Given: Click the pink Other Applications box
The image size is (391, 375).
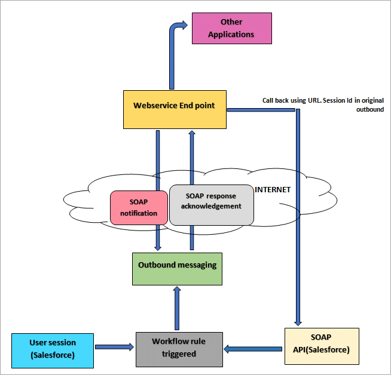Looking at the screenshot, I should pyautogui.click(x=232, y=29).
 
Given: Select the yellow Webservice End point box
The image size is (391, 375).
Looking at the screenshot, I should pyautogui.click(x=175, y=109).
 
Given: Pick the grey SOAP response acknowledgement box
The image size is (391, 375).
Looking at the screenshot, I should pyautogui.click(x=211, y=205).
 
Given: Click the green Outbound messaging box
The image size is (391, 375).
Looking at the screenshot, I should pyautogui.click(x=177, y=268).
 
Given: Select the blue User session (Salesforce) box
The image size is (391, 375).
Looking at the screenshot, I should pyautogui.click(x=53, y=348).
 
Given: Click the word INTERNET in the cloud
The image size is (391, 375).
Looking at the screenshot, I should pyautogui.click(x=273, y=190).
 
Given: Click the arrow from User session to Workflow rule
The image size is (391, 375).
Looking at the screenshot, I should pyautogui.click(x=114, y=346).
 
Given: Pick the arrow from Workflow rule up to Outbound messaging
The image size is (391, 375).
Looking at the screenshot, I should pyautogui.click(x=177, y=308).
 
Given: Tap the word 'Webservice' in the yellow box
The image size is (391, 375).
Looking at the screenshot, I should pyautogui.click(x=153, y=106).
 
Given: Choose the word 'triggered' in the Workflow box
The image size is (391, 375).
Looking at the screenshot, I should pyautogui.click(x=179, y=354).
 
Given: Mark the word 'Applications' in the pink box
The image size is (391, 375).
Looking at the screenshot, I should pyautogui.click(x=232, y=34).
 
